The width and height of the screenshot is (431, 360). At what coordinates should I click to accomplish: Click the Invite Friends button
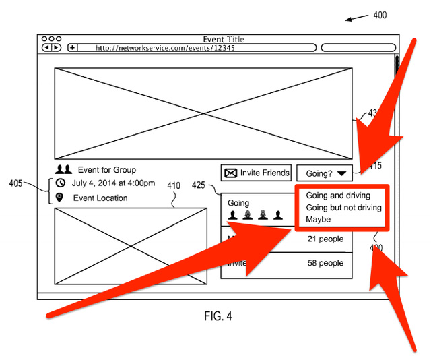[x=257, y=173]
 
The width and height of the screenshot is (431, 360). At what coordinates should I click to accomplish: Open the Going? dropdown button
[x=324, y=173]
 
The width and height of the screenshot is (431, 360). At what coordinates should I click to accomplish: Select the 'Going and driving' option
[x=338, y=196]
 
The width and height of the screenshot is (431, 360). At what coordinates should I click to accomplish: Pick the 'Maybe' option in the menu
[x=319, y=220]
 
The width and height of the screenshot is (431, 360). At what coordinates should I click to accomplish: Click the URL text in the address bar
[x=165, y=48]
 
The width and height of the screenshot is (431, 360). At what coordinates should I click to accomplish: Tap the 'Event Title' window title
[x=224, y=39]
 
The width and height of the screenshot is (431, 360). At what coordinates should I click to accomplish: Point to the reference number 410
[x=174, y=187]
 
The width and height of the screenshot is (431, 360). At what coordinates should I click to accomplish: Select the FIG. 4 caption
[x=218, y=316]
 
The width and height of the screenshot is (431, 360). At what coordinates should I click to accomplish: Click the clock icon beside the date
[x=60, y=183]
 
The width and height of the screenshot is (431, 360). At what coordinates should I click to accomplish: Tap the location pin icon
[x=60, y=198]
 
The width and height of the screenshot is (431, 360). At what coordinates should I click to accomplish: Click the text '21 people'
[x=325, y=239]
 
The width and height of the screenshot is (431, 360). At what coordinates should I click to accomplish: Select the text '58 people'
[x=325, y=263]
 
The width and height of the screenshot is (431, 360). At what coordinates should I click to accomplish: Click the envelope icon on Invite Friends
[x=230, y=173]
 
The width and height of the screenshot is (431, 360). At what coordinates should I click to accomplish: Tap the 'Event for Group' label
[x=106, y=170]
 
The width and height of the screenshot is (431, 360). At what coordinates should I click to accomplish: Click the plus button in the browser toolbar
[x=72, y=48]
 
